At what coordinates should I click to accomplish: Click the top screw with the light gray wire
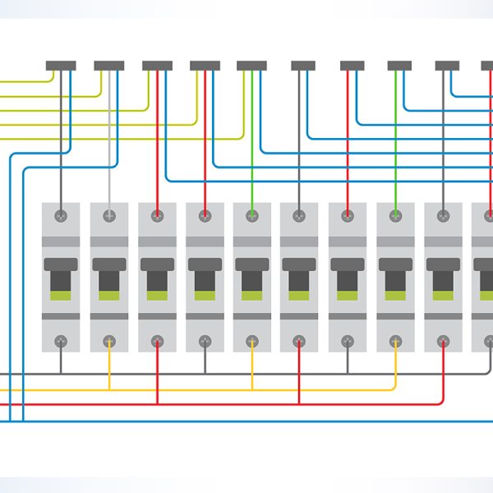pyautogui.click(x=108, y=215)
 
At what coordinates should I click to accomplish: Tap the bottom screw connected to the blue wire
pyautogui.click(x=204, y=340)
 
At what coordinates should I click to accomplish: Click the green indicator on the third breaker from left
pyautogui.click(x=156, y=294)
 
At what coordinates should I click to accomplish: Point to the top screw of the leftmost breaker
pyautogui.click(x=61, y=215)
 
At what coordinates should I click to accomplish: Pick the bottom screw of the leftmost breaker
pyautogui.click(x=61, y=340)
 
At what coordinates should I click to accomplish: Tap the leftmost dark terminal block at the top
pyautogui.click(x=61, y=65)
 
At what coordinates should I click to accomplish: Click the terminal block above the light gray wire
pyautogui.click(x=108, y=65)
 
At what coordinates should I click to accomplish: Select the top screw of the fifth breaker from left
pyautogui.click(x=251, y=215)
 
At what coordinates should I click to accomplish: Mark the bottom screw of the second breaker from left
pyautogui.click(x=108, y=340)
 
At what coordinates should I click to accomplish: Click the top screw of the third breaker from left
pyautogui.click(x=156, y=215)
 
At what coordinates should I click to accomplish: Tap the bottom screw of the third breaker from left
pyautogui.click(x=156, y=340)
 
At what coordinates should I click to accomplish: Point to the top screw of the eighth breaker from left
pyautogui.click(x=396, y=215)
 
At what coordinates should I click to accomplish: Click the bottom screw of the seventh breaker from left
pyautogui.click(x=348, y=340)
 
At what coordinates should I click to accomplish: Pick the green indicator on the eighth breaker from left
pyautogui.click(x=396, y=294)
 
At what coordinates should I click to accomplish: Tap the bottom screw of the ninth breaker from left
pyautogui.click(x=444, y=340)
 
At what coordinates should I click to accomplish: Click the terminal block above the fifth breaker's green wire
pyautogui.click(x=251, y=65)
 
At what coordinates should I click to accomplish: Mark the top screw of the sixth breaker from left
pyautogui.click(x=299, y=215)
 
